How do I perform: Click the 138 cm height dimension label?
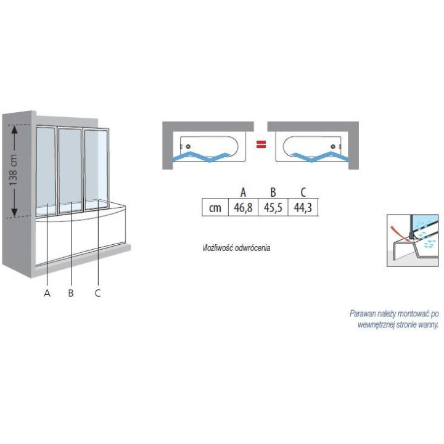click(x=13, y=170)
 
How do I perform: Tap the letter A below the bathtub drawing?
click(x=47, y=293)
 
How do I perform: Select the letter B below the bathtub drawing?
click(x=71, y=293)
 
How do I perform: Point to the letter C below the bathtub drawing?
click(x=97, y=293)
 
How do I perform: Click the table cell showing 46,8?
click(x=243, y=208)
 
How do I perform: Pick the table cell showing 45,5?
click(x=273, y=208)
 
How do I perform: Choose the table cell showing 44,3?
click(x=303, y=208)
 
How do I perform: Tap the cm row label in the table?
click(x=215, y=208)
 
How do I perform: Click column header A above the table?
click(x=243, y=192)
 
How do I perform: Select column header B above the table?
click(x=273, y=192)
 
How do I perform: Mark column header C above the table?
click(x=303, y=192)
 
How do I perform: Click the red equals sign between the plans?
click(x=261, y=145)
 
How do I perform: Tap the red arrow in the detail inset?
click(x=399, y=233)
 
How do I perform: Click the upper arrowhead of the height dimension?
click(x=15, y=130)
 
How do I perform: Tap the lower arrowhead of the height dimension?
click(x=15, y=212)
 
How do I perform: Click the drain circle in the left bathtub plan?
click(x=188, y=146)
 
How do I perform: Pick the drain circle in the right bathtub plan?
click(x=334, y=146)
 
